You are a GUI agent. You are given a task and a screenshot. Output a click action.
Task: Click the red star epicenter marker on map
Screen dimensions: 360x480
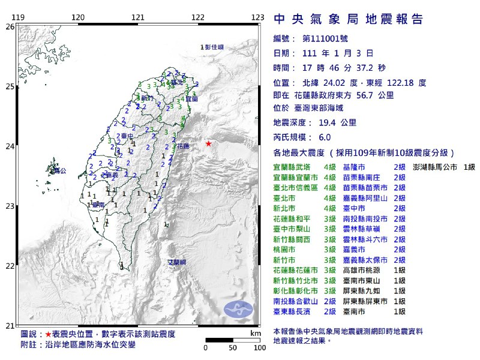tap(208, 144)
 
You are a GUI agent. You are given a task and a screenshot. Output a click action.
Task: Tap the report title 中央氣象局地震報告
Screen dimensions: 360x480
tap(348, 19)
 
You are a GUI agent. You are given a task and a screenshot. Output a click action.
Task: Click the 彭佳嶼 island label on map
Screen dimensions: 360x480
tap(212, 47)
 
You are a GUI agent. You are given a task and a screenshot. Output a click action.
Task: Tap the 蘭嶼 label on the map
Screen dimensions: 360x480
tap(176, 262)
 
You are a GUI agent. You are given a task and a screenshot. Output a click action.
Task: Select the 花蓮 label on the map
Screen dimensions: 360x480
tap(184, 146)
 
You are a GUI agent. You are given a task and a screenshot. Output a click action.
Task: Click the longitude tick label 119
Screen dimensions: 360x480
tap(18, 17)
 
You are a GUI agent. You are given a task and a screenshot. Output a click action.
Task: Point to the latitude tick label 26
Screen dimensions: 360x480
tap(10, 26)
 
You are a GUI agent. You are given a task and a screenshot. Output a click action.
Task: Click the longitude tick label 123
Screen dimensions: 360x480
tap(258, 17)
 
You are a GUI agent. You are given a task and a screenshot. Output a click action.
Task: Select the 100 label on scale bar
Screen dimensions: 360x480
tap(259, 347)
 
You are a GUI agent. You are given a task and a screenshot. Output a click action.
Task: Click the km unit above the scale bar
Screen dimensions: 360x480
tap(256, 333)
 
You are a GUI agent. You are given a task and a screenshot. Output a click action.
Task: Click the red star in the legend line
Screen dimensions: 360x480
tap(48, 334)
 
